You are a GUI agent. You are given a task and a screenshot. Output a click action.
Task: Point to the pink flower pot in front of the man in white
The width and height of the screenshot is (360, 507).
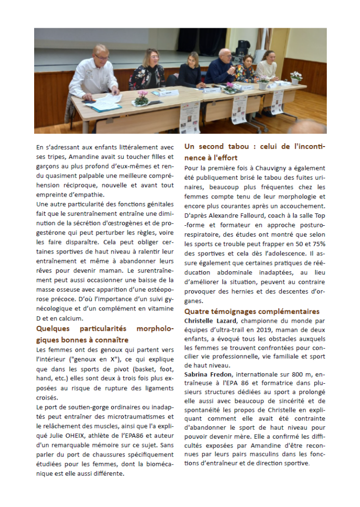(142, 99)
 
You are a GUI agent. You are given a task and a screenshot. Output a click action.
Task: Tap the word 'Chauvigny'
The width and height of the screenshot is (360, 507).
(264, 168)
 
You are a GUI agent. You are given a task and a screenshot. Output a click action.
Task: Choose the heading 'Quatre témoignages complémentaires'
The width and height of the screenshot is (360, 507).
(252, 311)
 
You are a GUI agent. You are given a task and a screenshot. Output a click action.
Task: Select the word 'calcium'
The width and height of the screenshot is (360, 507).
(72, 319)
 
